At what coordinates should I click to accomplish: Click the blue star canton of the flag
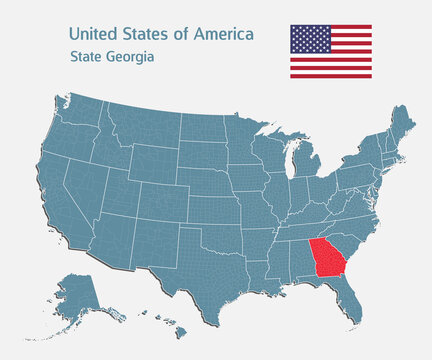point(310,39)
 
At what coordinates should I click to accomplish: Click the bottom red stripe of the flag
point(331,75)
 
